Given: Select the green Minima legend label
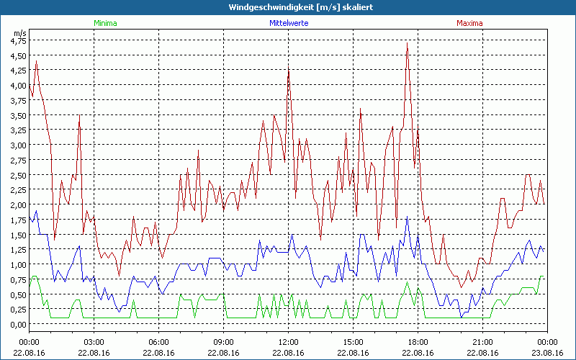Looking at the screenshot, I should click(x=105, y=23).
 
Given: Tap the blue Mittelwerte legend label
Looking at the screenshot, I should click(x=289, y=23).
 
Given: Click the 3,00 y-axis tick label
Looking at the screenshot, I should click(x=18, y=145).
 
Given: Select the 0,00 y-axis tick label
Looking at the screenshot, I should click(x=18, y=324).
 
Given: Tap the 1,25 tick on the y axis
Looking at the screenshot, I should click(x=18, y=250).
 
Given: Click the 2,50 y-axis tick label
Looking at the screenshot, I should click(x=18, y=175).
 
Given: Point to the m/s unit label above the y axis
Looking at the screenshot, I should click(x=19, y=33).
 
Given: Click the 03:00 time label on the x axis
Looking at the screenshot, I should click(x=94, y=341).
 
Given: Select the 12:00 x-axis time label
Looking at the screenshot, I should click(x=288, y=341).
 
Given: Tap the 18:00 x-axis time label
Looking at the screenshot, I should click(x=418, y=341).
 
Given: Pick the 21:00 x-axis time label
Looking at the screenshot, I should click(x=482, y=341).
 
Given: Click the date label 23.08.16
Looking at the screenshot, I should click(x=547, y=352).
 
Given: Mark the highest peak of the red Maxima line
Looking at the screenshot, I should click(x=408, y=43).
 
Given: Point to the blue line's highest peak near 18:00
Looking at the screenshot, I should click(x=408, y=217).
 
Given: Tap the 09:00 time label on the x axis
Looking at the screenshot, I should click(x=223, y=341).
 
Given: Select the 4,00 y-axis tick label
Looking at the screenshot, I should click(x=18, y=86).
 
